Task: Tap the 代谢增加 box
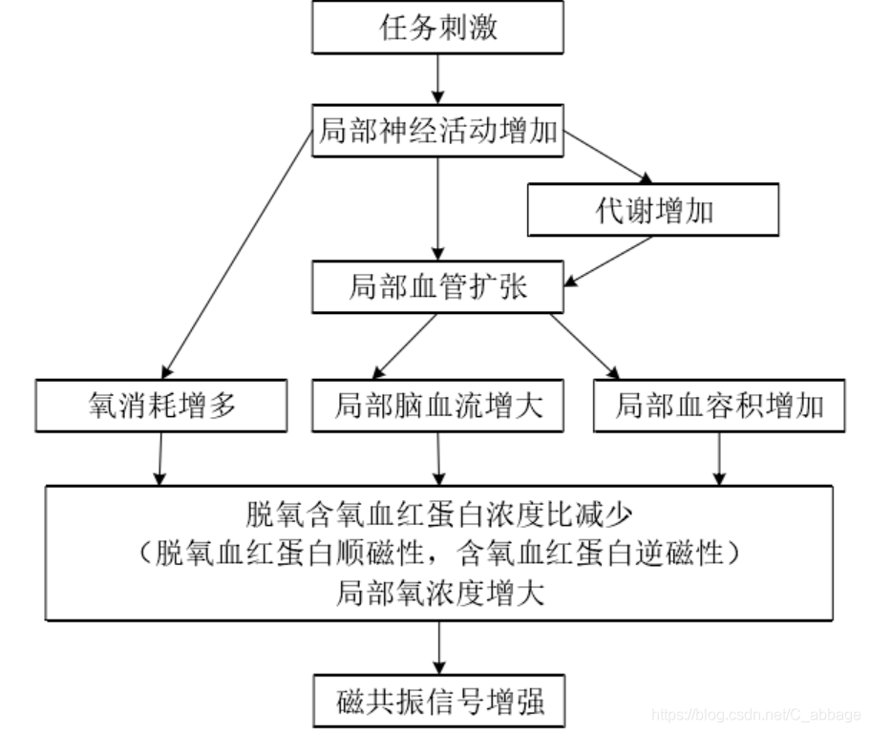(653, 210)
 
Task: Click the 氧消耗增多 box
(160, 407)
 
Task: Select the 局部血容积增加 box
(718, 407)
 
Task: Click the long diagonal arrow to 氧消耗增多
(239, 253)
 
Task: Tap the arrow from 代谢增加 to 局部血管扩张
(611, 260)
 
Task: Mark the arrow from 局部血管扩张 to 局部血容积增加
(583, 345)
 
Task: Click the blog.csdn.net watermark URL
(754, 714)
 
